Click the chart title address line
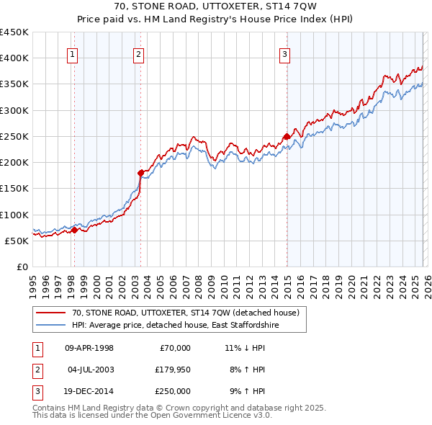click(x=215, y=6)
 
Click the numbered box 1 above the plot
click(x=73, y=53)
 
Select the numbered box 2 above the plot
click(x=138, y=53)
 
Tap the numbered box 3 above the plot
click(x=285, y=53)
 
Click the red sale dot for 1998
click(x=74, y=231)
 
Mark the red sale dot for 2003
click(x=140, y=173)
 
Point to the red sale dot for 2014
click(x=287, y=136)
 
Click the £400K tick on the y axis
click(x=14, y=58)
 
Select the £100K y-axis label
click(x=14, y=215)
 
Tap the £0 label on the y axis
click(x=22, y=267)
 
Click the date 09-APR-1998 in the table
click(x=89, y=348)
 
